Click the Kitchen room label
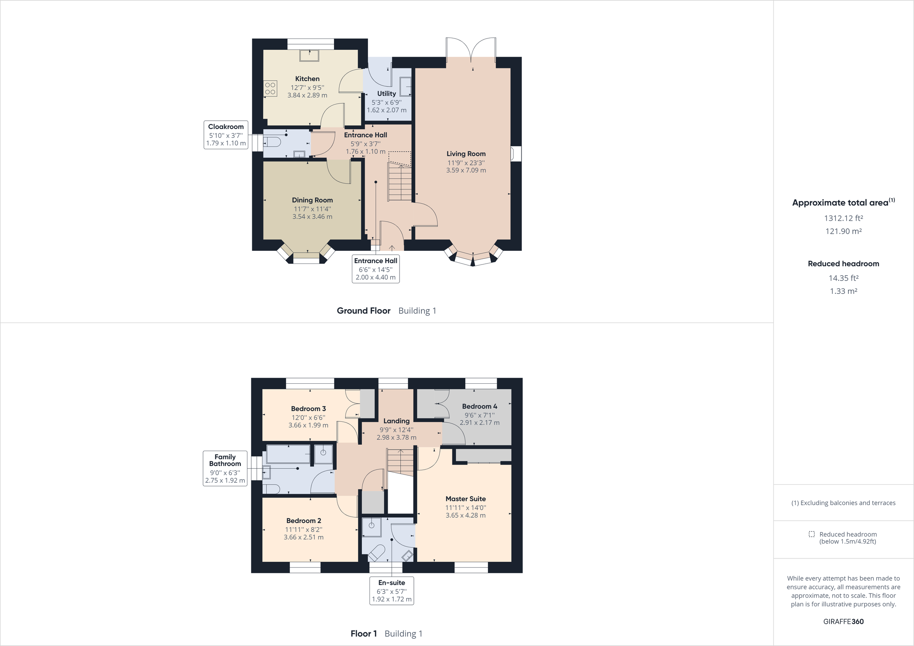tap(307, 79)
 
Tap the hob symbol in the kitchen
tap(270, 88)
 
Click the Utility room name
tap(386, 94)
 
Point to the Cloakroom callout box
tap(226, 135)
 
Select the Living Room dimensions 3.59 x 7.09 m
tap(466, 171)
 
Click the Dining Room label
tap(312, 200)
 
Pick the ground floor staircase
tap(399, 183)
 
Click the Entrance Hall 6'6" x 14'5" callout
tap(376, 269)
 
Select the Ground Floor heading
tap(363, 311)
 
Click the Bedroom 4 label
tap(479, 407)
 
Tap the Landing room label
tap(396, 421)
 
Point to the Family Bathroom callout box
tap(225, 468)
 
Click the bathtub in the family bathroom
tap(288, 454)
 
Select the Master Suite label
tap(465, 499)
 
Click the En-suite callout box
tap(391, 591)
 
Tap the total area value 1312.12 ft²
tap(843, 218)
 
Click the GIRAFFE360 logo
tap(843, 621)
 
